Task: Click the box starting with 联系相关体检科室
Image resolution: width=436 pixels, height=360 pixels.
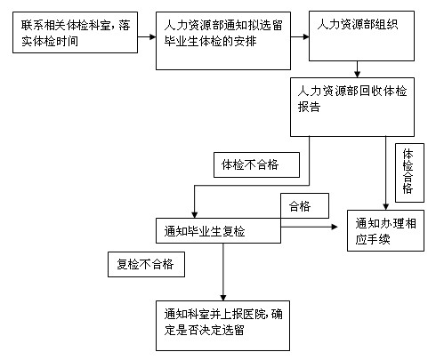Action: [x=75, y=33]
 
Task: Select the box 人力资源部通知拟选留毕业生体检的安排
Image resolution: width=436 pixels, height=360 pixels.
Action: [x=223, y=41]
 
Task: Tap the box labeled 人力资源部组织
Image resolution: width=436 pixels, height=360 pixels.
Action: [x=361, y=36]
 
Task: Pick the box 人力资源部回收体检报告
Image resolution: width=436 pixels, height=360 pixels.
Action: [x=352, y=107]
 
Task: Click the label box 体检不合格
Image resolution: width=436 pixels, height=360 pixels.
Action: [x=256, y=165]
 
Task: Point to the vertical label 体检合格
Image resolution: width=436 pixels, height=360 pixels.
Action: [x=409, y=172]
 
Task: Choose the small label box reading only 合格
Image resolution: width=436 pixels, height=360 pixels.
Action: [x=304, y=206]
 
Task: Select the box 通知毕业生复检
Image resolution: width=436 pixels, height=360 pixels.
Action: [x=218, y=231]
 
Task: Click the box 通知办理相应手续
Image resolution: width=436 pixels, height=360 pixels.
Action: [x=385, y=230]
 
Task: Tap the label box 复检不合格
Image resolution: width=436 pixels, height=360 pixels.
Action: [x=146, y=264]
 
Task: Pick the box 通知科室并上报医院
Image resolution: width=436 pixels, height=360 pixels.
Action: [x=222, y=325]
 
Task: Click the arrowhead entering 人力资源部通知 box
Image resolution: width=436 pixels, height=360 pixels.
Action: [x=153, y=37]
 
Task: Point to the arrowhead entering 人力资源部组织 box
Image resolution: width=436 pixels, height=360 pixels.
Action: [x=306, y=37]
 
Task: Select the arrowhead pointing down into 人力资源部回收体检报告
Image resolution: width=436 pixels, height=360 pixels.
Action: [x=357, y=75]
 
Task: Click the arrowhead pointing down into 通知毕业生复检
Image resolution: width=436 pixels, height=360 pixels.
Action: [x=194, y=215]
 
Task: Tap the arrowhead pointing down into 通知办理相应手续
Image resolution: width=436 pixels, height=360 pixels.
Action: [x=385, y=207]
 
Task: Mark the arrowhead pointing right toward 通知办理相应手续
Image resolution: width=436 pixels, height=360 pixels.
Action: [x=335, y=227]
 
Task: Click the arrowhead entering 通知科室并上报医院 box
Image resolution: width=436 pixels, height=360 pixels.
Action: [x=223, y=298]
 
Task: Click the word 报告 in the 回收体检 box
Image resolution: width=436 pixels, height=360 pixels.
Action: [x=309, y=107]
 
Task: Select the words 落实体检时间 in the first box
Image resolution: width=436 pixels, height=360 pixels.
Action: [x=50, y=41]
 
